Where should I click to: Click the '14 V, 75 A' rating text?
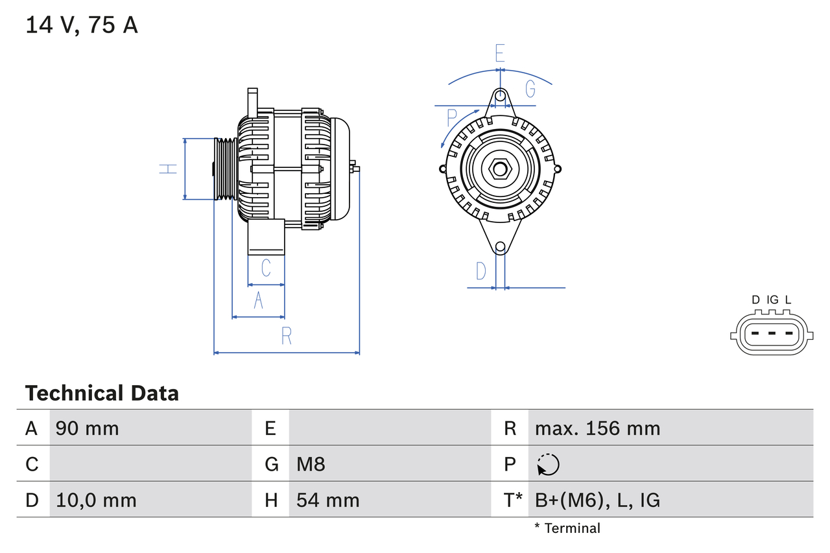(x=82, y=25)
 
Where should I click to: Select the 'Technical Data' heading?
(x=102, y=393)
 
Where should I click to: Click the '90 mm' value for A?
(x=88, y=428)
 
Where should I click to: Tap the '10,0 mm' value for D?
(x=96, y=500)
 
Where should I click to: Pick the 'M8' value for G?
(x=311, y=464)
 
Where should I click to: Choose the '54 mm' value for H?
(x=327, y=500)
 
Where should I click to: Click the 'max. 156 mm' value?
(x=597, y=428)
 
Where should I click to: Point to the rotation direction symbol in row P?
(x=548, y=465)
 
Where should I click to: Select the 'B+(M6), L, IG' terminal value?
(x=597, y=500)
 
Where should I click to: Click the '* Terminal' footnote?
(x=567, y=528)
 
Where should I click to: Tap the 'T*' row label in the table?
(x=513, y=500)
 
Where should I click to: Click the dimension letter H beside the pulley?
(x=169, y=169)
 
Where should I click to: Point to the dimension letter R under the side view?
(x=286, y=336)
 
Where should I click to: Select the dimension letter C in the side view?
(x=265, y=268)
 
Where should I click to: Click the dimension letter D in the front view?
(x=480, y=271)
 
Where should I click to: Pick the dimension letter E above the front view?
(x=499, y=53)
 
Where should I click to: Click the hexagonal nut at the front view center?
(x=499, y=169)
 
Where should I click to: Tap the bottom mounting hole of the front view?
(x=500, y=246)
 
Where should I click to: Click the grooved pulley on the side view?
(x=226, y=169)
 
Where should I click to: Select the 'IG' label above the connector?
(x=772, y=300)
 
